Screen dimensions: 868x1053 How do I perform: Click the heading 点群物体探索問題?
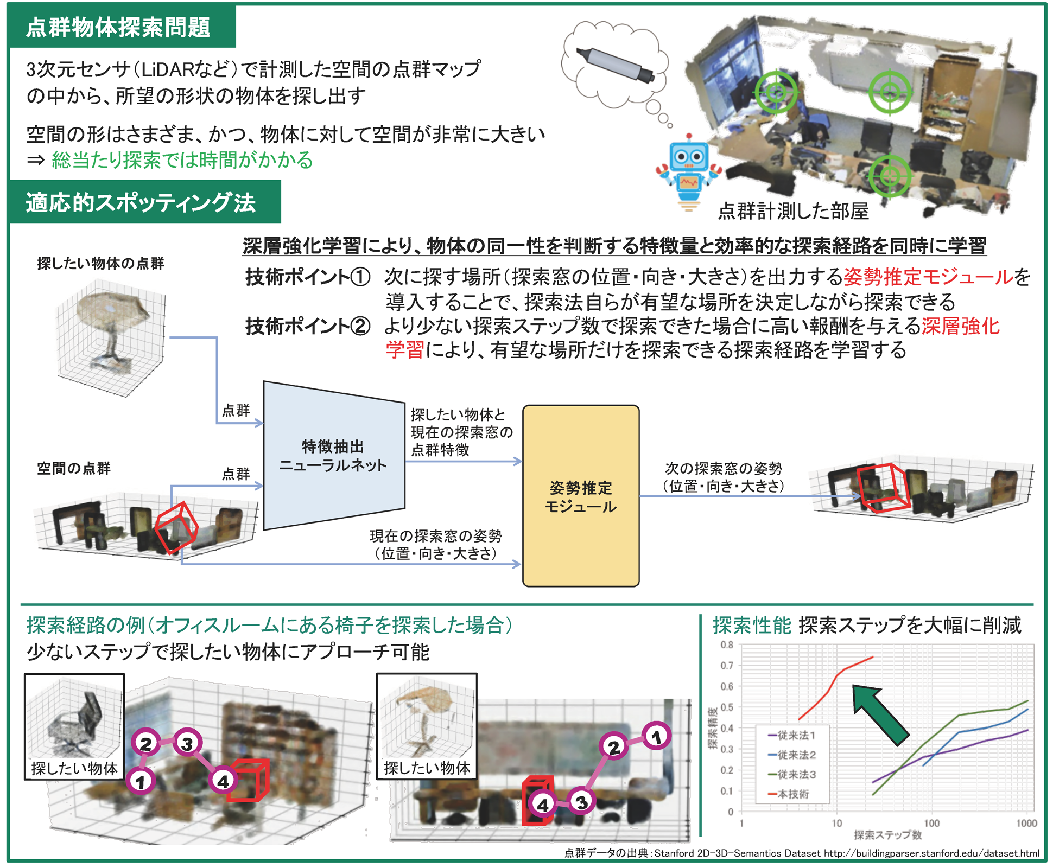coord(118,27)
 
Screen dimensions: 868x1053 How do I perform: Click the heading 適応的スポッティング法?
coord(141,203)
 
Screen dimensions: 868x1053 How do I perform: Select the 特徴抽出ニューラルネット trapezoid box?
coord(333,456)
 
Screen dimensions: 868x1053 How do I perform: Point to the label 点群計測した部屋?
coord(793,211)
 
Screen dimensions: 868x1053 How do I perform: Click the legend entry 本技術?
coord(794,794)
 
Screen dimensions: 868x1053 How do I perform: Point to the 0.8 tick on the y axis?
coord(727,645)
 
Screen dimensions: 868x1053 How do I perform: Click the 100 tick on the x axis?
coord(931,823)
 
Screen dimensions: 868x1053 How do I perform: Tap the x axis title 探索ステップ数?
coord(887,835)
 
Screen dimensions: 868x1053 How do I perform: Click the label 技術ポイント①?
coord(308,277)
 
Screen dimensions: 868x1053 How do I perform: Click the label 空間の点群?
coord(74,468)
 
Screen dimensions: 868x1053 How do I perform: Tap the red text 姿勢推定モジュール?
coord(929,277)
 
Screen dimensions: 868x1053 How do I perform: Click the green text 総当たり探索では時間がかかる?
coord(182,161)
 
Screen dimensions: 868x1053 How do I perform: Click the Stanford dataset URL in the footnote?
coord(931,853)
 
